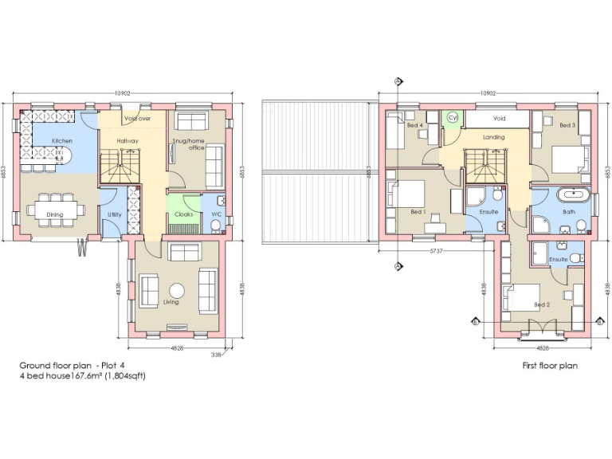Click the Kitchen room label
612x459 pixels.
(x=61, y=141)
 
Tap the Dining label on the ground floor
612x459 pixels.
(x=54, y=214)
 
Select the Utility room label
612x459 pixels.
(x=115, y=214)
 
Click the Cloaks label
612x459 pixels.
(x=183, y=214)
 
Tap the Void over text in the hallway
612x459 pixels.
(x=137, y=119)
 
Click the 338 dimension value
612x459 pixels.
(x=216, y=355)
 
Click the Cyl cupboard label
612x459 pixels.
(x=452, y=118)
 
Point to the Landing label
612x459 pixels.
(x=494, y=137)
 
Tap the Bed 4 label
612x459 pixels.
(x=414, y=125)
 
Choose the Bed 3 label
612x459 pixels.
(x=567, y=125)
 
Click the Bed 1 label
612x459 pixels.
(x=418, y=212)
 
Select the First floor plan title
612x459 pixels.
(x=549, y=366)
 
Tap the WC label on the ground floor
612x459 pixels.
(x=215, y=214)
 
